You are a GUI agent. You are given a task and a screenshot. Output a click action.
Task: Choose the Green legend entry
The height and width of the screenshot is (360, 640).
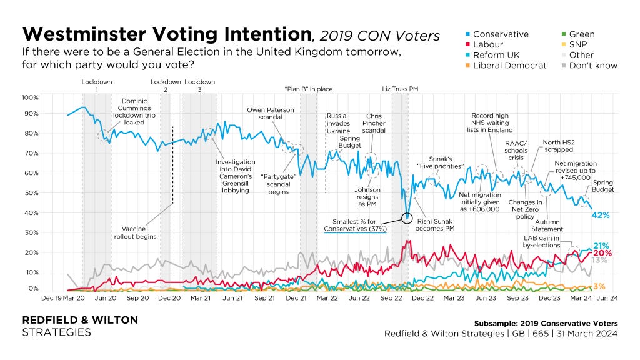click(x=582, y=34)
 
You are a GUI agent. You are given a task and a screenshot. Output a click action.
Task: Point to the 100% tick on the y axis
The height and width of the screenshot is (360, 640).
click(x=30, y=98)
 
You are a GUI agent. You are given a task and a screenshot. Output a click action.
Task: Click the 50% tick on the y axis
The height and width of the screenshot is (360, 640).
click(x=31, y=193)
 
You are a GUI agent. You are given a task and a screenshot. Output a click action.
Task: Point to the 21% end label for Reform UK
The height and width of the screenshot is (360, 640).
click(x=601, y=246)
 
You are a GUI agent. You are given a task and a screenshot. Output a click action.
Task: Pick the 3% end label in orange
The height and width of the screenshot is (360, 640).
click(x=598, y=286)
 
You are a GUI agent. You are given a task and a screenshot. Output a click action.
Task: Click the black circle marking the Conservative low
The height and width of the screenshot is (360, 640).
click(x=407, y=217)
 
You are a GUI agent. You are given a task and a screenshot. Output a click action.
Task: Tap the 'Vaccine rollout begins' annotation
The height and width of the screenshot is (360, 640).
click(x=134, y=232)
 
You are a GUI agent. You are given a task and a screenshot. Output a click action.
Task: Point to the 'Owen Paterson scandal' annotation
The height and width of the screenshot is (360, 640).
click(x=271, y=115)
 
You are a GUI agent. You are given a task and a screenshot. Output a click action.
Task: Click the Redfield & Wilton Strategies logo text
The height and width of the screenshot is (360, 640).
click(x=80, y=326)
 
